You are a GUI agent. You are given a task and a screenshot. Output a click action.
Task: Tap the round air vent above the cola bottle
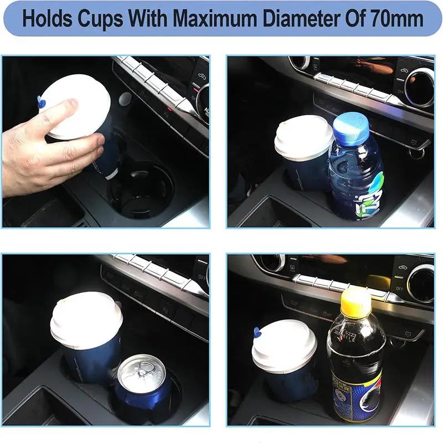(x=420, y=283)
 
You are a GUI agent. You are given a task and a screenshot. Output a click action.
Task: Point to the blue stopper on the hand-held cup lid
(x=41, y=101)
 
